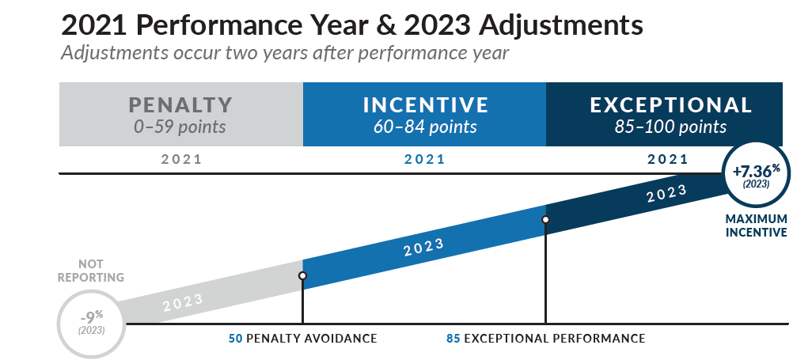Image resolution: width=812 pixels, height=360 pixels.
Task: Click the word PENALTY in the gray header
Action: tap(180, 104)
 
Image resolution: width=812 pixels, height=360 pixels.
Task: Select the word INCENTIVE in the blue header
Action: tap(425, 104)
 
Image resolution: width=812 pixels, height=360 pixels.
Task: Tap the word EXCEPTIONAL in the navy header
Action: tap(671, 104)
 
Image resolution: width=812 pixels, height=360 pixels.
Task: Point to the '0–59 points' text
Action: tap(180, 127)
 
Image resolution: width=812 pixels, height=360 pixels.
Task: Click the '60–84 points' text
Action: tap(425, 127)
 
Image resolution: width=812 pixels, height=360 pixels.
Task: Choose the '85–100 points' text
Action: tap(671, 127)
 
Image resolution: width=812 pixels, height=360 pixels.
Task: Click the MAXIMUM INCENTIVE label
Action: tap(757, 225)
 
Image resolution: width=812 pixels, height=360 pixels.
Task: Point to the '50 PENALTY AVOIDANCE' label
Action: tap(302, 339)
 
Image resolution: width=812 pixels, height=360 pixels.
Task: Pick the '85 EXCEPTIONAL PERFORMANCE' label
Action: tap(545, 339)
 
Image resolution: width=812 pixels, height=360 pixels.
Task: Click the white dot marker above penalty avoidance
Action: tap(302, 276)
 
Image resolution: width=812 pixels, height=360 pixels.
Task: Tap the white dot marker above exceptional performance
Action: tap(545, 219)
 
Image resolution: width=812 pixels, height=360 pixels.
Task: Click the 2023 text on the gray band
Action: tap(184, 302)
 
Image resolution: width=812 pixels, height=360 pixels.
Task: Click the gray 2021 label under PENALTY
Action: tap(181, 159)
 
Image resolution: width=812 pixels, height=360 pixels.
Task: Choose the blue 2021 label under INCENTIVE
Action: tap(424, 159)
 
